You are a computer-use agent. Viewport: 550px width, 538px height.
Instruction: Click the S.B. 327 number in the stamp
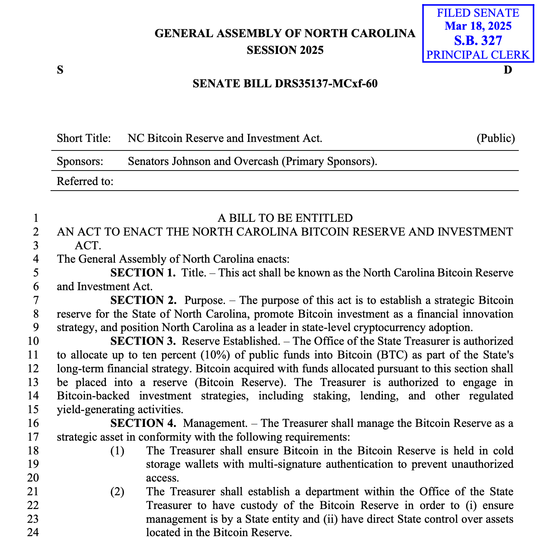478,40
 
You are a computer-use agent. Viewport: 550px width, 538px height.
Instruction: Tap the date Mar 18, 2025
478,26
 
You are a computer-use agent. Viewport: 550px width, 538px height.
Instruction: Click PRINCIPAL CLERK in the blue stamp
478,55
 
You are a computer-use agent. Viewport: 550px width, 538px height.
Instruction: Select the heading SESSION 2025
285,50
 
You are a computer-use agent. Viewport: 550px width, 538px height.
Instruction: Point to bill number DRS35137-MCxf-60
326,84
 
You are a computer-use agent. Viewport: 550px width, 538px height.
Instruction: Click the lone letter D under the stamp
508,70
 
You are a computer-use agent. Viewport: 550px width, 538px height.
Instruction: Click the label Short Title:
84,139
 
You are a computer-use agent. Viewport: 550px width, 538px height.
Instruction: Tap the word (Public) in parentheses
496,139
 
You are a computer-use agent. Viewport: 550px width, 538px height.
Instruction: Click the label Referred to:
85,181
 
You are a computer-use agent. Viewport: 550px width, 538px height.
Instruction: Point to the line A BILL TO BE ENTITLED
285,218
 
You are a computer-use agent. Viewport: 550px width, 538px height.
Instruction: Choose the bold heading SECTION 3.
143,341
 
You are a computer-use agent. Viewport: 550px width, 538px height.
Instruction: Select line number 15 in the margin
33,409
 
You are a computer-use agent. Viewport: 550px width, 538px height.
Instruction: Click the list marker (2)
117,492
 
